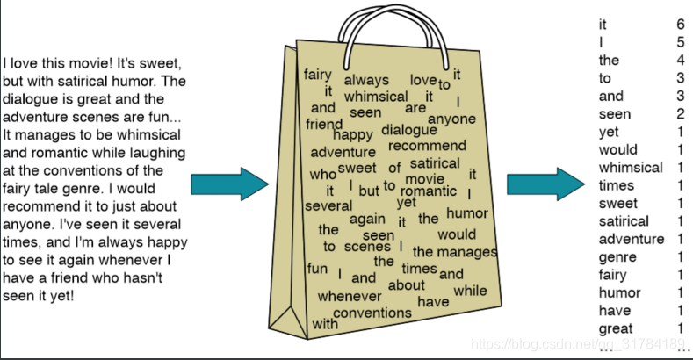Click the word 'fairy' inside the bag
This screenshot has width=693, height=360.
tap(317, 76)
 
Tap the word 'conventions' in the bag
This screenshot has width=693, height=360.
tap(372, 313)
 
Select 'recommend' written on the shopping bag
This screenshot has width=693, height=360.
tap(428, 146)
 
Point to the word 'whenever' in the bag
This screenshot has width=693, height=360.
tap(349, 297)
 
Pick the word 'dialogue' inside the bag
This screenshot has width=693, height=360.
tap(408, 131)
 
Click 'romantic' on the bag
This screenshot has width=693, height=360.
tap(429, 191)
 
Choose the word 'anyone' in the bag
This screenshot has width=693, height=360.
tap(451, 119)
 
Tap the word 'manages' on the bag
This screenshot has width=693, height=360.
tap(466, 252)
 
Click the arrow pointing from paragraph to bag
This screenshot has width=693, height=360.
tap(229, 184)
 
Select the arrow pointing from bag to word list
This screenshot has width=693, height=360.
tap(545, 184)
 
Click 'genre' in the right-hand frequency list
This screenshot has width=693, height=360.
tap(617, 257)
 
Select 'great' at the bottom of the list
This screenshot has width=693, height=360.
tap(616, 328)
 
